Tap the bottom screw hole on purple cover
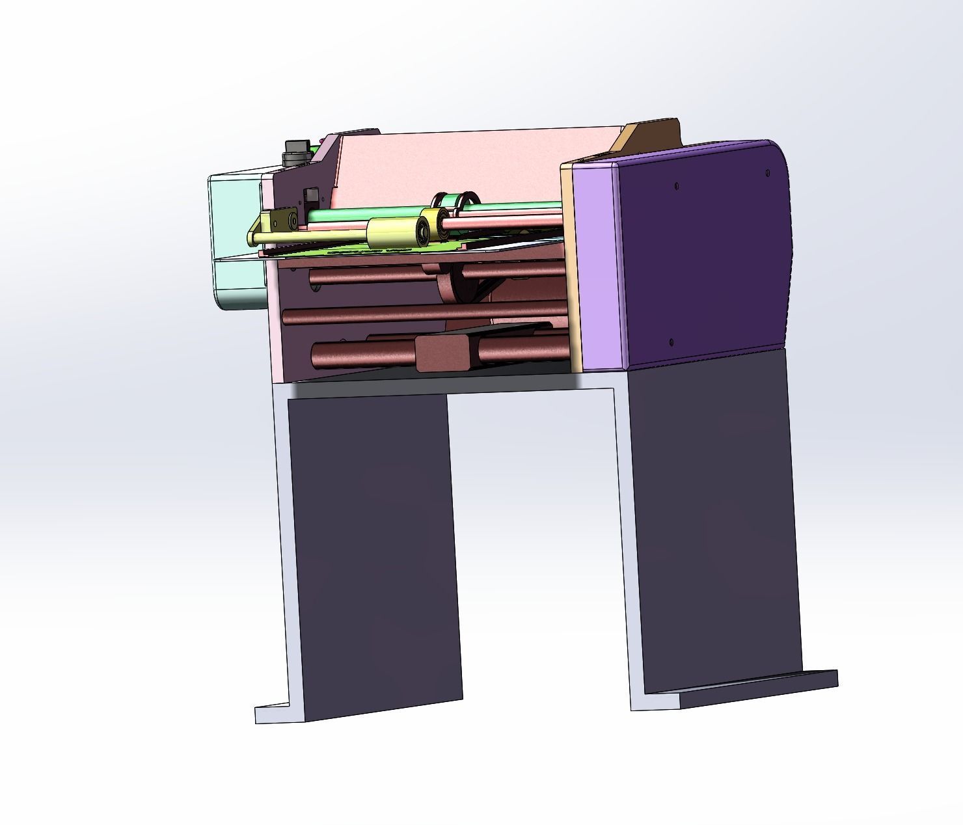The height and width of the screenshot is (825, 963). [671, 340]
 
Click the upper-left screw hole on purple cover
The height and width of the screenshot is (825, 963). [677, 186]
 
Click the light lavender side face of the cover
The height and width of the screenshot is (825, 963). [599, 267]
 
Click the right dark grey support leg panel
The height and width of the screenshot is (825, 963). [716, 521]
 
